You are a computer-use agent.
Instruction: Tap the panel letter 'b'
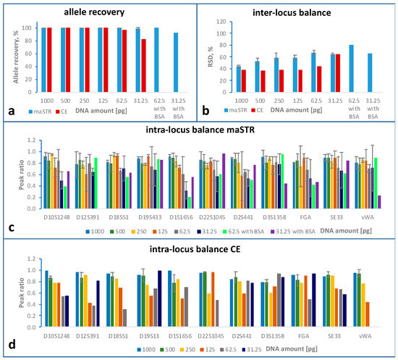206,114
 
